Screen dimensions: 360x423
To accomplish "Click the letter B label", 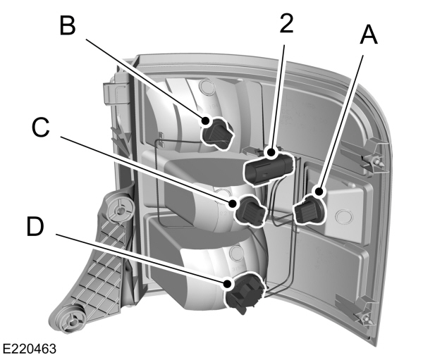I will pos(68,27).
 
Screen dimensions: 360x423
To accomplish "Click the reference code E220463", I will pos(30,349).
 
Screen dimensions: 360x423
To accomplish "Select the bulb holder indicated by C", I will pos(250,210).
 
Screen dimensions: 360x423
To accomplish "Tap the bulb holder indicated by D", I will pos(244,290).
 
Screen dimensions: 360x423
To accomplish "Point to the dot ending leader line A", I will pos(319,191).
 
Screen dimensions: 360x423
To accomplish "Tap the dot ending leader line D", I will pos(228,284).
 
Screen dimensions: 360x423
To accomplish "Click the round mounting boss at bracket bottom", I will pos(70,321).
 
